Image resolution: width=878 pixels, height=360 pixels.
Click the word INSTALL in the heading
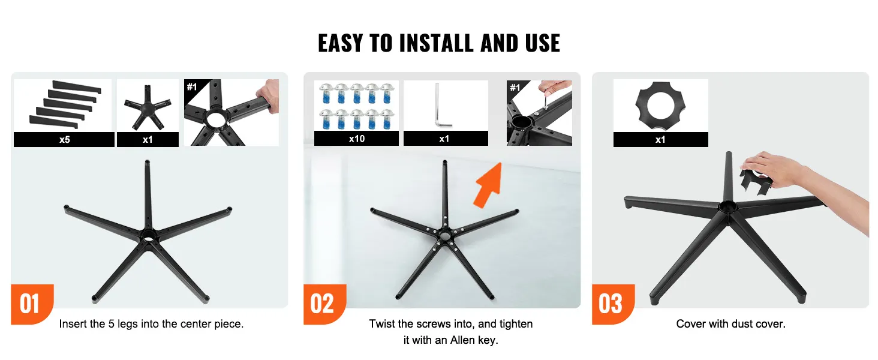pyautogui.click(x=436, y=43)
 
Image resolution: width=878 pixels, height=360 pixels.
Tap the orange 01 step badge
pyautogui.click(x=32, y=304)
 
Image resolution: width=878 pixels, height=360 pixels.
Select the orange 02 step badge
pyautogui.click(x=324, y=304)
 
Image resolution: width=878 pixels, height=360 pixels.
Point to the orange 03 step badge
pyautogui.click(x=613, y=304)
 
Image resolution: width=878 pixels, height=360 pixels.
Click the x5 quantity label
pyautogui.click(x=64, y=140)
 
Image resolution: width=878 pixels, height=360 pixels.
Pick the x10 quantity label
pyautogui.click(x=357, y=139)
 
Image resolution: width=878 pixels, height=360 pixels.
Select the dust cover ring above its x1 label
pyautogui.click(x=660, y=106)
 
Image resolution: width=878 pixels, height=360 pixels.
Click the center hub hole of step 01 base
pyautogui.click(x=148, y=236)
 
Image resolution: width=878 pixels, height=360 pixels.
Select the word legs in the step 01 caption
pyautogui.click(x=128, y=324)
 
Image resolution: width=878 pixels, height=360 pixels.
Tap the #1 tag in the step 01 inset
pyautogui.click(x=192, y=86)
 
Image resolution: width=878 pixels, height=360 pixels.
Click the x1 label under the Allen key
pyautogui.click(x=444, y=139)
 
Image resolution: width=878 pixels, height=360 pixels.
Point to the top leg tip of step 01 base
pyautogui.click(x=148, y=162)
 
